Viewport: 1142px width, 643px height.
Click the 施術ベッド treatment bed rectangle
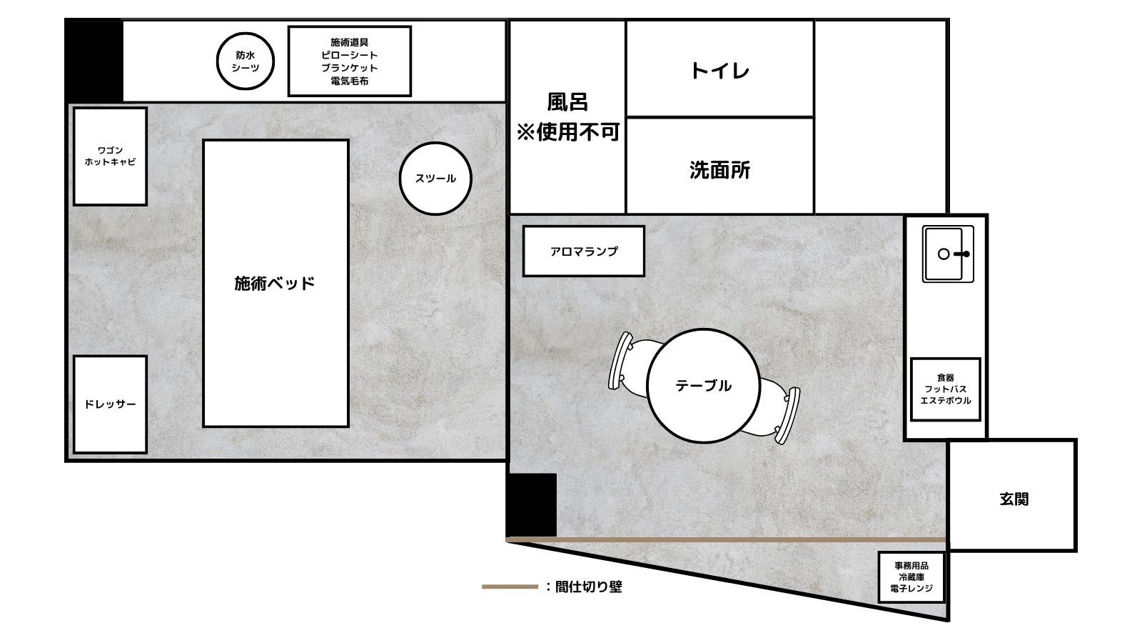[276, 283]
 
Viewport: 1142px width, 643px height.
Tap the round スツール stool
[435, 179]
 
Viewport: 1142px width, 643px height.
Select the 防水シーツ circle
[246, 61]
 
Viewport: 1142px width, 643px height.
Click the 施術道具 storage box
[349, 61]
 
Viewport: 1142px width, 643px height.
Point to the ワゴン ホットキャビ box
[110, 156]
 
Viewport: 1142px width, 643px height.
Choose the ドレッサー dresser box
[110, 404]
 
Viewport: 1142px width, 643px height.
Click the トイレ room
[719, 70]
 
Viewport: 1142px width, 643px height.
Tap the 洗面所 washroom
[719, 170]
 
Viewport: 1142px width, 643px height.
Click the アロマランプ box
[583, 251]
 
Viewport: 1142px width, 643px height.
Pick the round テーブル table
[703, 386]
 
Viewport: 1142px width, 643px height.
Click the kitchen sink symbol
[947, 254]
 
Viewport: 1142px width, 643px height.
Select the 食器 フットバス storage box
[946, 389]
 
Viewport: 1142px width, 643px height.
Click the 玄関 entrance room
[1013, 499]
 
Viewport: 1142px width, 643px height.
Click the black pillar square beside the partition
[531, 504]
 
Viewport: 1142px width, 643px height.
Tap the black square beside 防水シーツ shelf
[94, 61]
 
